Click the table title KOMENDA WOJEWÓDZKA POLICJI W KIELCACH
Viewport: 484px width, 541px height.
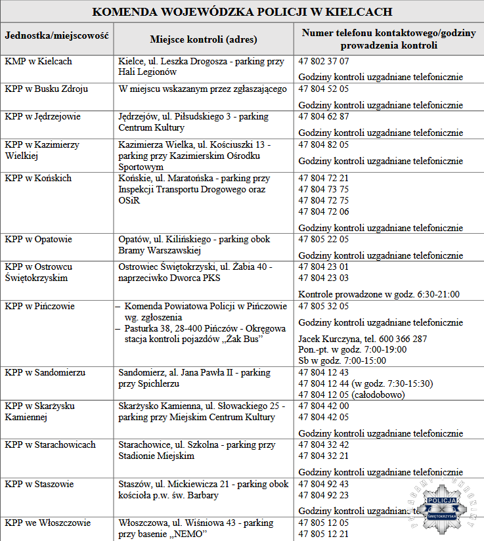point(242,12)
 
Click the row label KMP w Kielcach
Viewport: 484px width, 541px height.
point(38,61)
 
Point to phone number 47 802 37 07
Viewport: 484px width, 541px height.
point(324,61)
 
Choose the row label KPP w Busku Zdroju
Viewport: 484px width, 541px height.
point(47,89)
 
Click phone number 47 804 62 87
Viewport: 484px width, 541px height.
point(324,116)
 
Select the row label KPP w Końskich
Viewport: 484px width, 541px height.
point(38,178)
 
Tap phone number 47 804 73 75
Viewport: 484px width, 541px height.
point(324,189)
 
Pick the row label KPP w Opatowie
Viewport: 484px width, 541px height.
point(39,239)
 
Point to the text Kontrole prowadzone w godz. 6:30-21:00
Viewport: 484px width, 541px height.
point(379,294)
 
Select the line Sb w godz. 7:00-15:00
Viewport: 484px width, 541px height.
point(342,360)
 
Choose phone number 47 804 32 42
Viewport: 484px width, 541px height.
point(324,444)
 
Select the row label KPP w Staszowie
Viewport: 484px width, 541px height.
point(39,484)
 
